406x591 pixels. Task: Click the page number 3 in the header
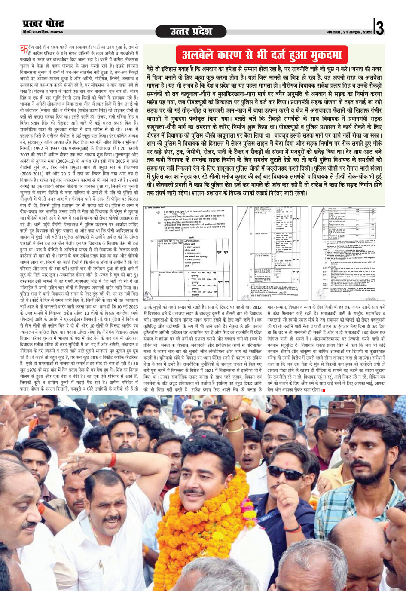380,27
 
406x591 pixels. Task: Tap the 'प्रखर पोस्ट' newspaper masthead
43,24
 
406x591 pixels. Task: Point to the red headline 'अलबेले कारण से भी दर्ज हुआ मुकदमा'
262,55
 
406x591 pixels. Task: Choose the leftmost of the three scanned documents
188,253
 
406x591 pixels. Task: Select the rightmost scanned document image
348,253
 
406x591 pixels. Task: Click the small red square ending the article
324,390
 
